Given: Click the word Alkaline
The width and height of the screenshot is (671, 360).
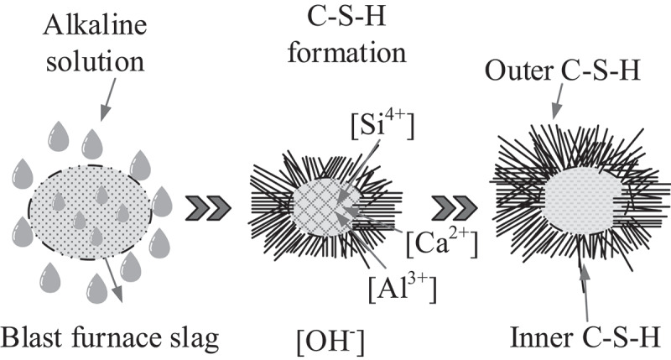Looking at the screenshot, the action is (95, 25).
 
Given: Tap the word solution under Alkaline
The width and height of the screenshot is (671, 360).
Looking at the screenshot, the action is (95, 61).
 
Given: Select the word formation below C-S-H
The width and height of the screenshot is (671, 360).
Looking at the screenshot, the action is (346, 53).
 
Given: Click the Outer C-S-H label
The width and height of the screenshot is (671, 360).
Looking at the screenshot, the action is (563, 70).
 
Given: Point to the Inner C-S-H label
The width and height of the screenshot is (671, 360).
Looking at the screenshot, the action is (585, 337).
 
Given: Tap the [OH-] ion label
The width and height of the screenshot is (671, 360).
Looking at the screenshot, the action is (330, 342).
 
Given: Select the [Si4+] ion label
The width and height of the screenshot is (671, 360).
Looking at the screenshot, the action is (382, 125).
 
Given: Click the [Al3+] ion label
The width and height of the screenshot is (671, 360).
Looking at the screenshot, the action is (403, 289).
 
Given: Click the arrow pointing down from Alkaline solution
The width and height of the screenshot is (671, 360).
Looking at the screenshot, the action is (107, 99).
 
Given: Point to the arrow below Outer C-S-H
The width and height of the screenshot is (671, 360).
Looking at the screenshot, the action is (558, 98).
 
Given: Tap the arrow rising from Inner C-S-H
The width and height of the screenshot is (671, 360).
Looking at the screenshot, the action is (585, 293).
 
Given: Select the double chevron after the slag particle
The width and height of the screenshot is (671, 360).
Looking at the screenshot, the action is (208, 208).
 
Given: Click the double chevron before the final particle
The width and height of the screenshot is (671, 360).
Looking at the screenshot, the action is (454, 208).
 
